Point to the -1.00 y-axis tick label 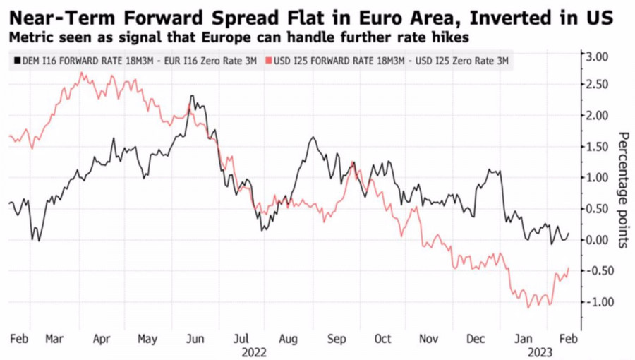coord(597,301)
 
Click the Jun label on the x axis coord(194,339)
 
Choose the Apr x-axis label coord(101,339)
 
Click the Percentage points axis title coord(623,189)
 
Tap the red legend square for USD coord(266,61)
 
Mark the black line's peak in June coord(192,95)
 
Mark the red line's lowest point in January coord(528,308)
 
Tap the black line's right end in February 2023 coord(569,234)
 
